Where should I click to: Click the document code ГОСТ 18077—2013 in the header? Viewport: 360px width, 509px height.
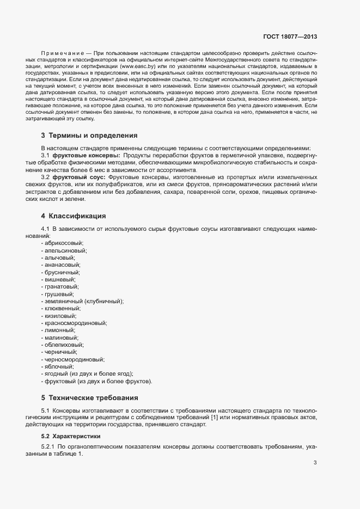click(290, 37)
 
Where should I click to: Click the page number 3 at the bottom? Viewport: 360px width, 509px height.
click(315, 463)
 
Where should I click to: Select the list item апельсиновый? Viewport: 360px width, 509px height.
click(64, 250)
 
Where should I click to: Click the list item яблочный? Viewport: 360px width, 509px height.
click(59, 367)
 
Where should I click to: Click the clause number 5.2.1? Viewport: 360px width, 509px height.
click(49, 447)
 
